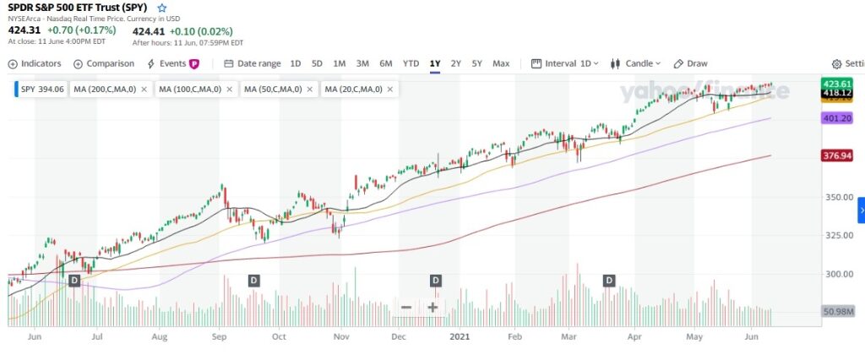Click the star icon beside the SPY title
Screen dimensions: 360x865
pyautogui.click(x=162, y=8)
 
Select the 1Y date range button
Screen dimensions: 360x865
pyautogui.click(x=435, y=63)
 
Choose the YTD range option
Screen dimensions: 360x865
pyautogui.click(x=411, y=63)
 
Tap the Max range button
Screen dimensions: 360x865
pyautogui.click(x=501, y=63)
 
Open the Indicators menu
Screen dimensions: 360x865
pyautogui.click(x=35, y=63)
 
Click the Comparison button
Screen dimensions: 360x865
pyautogui.click(x=104, y=63)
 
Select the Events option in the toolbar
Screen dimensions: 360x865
pyautogui.click(x=172, y=63)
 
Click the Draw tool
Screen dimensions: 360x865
pyautogui.click(x=690, y=63)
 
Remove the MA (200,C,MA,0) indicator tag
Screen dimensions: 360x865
pyautogui.click(x=144, y=89)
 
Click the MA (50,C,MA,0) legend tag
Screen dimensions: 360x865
pyautogui.click(x=272, y=89)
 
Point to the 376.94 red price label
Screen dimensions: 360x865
pyautogui.click(x=837, y=155)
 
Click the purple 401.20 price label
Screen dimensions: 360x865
pyautogui.click(x=837, y=119)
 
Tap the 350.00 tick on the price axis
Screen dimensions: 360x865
pyautogui.click(x=837, y=197)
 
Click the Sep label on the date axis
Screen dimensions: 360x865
pyautogui.click(x=219, y=335)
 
